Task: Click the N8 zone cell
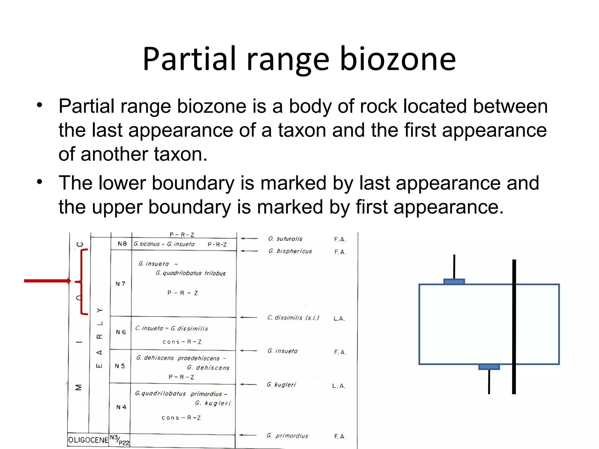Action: tap(122, 244)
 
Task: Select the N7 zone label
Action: tap(120, 284)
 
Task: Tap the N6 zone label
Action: tap(121, 332)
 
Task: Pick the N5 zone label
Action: tap(120, 366)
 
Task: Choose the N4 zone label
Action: tap(121, 407)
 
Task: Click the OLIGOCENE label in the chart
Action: tap(88, 440)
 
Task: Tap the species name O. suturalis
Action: tap(285, 239)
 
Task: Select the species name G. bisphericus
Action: tap(290, 251)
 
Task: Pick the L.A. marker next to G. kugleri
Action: tap(339, 386)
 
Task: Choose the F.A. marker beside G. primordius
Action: tap(340, 436)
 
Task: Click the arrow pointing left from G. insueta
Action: tap(248, 350)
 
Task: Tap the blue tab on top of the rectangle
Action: tap(454, 282)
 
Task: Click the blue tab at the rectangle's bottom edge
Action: tap(489, 367)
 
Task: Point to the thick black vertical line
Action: tap(514, 327)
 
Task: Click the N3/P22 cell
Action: tap(119, 440)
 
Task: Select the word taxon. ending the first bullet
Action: tap(180, 154)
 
